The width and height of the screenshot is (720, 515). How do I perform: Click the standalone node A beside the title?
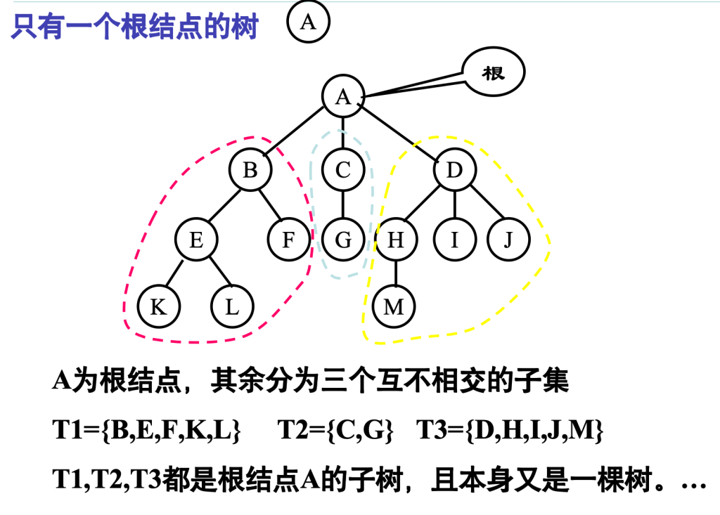pyautogui.click(x=308, y=23)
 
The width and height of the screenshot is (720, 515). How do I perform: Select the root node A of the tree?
pyautogui.click(x=343, y=96)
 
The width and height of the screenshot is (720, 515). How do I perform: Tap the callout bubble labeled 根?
pyautogui.click(x=494, y=72)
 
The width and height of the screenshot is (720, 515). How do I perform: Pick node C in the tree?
pyautogui.click(x=343, y=171)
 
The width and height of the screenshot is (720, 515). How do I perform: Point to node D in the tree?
pyautogui.click(x=455, y=171)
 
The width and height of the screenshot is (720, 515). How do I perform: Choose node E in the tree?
pyautogui.click(x=196, y=240)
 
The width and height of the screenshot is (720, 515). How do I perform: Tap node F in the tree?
pyautogui.click(x=288, y=240)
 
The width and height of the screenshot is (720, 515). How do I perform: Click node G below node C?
pyautogui.click(x=343, y=240)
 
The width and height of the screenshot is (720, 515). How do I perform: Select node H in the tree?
pyautogui.click(x=397, y=240)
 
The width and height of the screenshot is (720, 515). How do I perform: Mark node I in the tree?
pyautogui.click(x=454, y=240)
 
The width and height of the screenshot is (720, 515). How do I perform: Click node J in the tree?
pyautogui.click(x=508, y=240)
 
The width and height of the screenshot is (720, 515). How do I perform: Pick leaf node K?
pyautogui.click(x=159, y=307)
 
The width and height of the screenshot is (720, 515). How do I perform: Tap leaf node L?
pyautogui.click(x=232, y=307)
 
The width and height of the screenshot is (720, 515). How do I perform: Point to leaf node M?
pyautogui.click(x=394, y=307)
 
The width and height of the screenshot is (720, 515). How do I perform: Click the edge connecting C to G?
pyautogui.click(x=343, y=205)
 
